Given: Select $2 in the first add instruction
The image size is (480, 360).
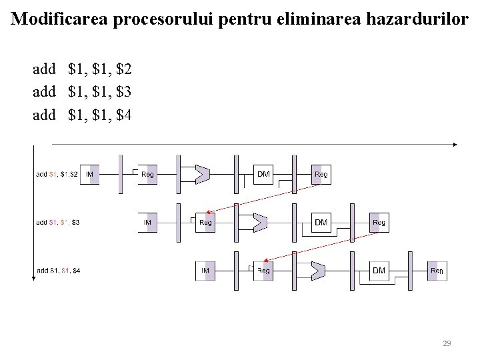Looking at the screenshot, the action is coord(124,69).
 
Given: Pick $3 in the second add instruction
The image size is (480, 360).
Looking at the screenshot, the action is coord(124,92).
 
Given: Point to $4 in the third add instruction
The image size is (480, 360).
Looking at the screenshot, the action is coord(124,115).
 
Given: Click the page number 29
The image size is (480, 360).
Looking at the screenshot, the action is coord(447,343).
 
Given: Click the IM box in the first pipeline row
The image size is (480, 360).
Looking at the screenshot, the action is coord(91,174).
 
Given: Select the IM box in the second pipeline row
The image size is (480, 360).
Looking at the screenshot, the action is coord(149,222).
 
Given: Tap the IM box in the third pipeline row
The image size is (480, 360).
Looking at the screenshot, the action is coord(206,270).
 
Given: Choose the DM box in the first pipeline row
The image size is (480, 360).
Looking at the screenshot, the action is coord(264,174).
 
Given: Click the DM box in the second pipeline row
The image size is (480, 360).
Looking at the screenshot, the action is coord(321,222).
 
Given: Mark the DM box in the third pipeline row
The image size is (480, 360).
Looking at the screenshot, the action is coord(379,270).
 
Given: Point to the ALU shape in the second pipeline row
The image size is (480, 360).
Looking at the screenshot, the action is coord(259,222).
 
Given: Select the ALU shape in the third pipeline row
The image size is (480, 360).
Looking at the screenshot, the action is coord(317,270).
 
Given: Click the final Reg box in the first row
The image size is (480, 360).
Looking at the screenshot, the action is coord(321,174).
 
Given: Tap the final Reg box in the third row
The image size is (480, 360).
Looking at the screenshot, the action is coord(437,270).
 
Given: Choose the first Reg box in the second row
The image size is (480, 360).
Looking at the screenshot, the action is coord(206,222).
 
